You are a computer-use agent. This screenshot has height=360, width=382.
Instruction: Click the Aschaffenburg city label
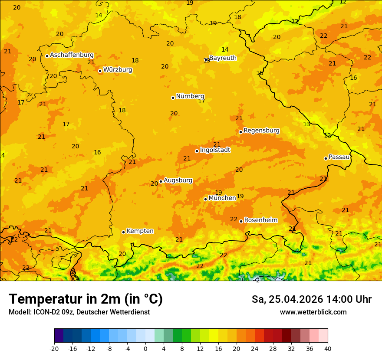[x=72, y=55]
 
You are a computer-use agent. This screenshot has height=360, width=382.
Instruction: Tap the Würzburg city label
[x=118, y=70]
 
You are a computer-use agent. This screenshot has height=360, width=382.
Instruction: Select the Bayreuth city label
[x=223, y=58]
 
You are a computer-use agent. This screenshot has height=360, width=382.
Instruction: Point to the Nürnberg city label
[x=190, y=96]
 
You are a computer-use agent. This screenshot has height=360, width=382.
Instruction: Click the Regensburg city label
[x=261, y=131]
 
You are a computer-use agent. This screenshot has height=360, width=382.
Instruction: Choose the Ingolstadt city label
[x=215, y=150]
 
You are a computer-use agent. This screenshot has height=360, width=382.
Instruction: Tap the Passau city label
[x=339, y=157]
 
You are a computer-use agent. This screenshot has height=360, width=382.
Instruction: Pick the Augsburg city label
[x=178, y=180]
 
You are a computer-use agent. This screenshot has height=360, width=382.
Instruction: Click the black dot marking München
[x=205, y=199]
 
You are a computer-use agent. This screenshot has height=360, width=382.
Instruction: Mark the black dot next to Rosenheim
[x=241, y=221]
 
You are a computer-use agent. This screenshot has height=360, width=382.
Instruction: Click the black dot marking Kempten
[x=123, y=232]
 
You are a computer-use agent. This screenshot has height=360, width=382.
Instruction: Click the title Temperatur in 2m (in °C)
[x=86, y=299]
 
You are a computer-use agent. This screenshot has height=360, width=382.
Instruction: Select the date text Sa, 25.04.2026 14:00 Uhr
[x=311, y=299]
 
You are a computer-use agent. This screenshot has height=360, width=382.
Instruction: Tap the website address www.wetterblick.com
[x=313, y=312]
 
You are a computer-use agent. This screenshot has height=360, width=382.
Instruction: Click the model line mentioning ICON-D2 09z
[x=79, y=312]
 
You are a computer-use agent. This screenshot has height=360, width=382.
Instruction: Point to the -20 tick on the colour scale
[x=54, y=348]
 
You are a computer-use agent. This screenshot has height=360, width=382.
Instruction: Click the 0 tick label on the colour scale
[x=145, y=348]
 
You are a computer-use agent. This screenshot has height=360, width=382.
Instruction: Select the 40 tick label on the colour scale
[x=328, y=348]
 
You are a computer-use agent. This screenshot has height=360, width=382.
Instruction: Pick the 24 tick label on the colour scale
[x=255, y=348]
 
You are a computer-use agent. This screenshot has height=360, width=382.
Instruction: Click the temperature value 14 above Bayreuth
[x=225, y=50]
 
